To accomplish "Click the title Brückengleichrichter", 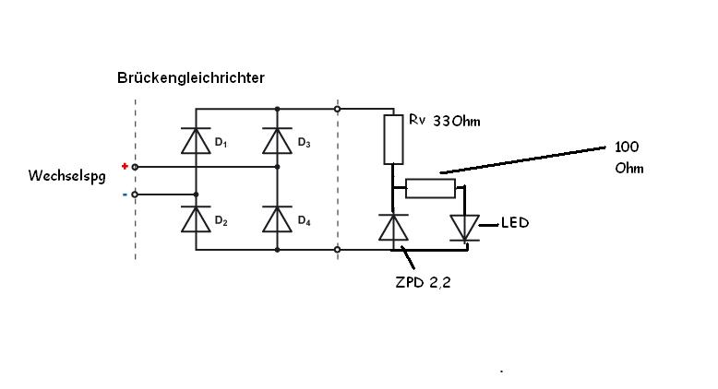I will tap(191, 78).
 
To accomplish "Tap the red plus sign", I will tap(125, 166).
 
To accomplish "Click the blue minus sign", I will tap(125, 194).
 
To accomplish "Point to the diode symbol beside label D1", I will tap(196, 140).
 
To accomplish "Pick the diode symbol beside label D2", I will tap(196, 219).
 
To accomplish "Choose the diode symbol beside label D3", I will tap(277, 140).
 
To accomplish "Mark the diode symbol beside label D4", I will tap(277, 219).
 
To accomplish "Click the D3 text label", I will tap(305, 144).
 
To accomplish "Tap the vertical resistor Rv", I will tap(393, 139).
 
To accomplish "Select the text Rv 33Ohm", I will tap(444, 121).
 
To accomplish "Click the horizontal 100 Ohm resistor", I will tap(431, 188).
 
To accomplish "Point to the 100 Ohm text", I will tap(628, 158).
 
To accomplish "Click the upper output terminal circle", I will tap(338, 109).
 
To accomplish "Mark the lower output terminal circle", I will tap(338, 249).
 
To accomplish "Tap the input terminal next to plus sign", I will tap(136, 167).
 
